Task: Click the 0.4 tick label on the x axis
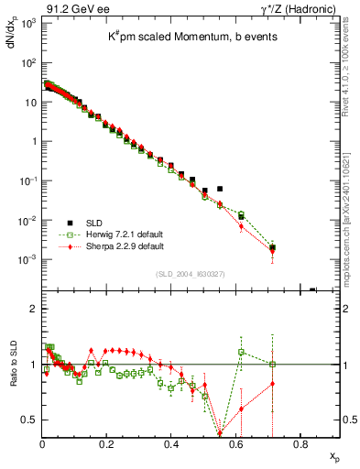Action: [x=171, y=445]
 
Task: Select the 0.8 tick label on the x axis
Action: [x=300, y=445]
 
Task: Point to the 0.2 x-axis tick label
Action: [x=107, y=445]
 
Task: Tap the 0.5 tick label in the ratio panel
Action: [x=28, y=420]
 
